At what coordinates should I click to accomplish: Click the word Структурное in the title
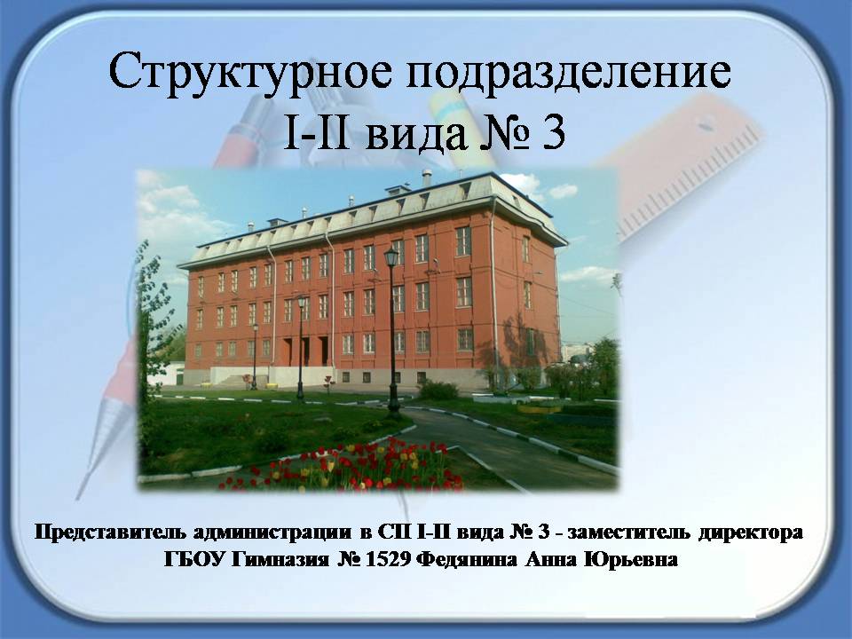(249, 72)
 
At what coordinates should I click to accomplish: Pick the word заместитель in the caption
(628, 532)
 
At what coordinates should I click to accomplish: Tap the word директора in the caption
(751, 532)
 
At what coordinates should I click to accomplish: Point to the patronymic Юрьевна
(630, 559)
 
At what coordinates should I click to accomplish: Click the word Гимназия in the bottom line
(280, 560)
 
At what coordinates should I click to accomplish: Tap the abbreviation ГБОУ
(194, 559)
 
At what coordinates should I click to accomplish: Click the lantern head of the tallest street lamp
(390, 256)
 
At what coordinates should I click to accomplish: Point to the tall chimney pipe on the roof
(427, 177)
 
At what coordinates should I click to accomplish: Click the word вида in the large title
(415, 135)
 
